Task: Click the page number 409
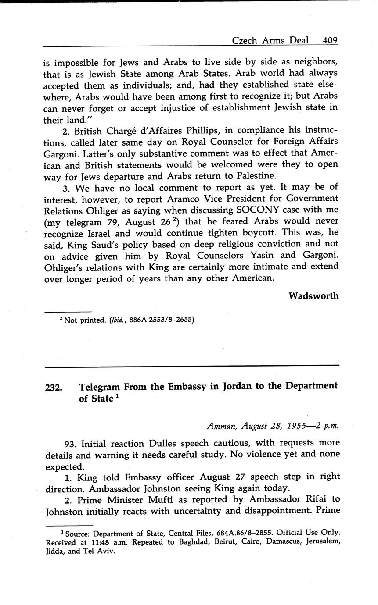coord(330,40)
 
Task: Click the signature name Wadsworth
coord(313,296)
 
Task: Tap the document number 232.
coord(53,388)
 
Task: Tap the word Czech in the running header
coord(245,40)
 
